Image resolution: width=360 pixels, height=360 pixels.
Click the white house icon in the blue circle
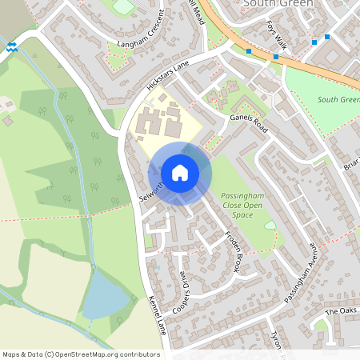coord(179,172)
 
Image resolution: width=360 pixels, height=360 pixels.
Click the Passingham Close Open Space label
coord(242,205)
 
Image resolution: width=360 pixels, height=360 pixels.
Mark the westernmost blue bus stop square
coord(250,51)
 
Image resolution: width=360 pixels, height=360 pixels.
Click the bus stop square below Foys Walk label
coord(276,57)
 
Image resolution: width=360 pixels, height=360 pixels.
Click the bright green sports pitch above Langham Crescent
coord(123,7)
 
